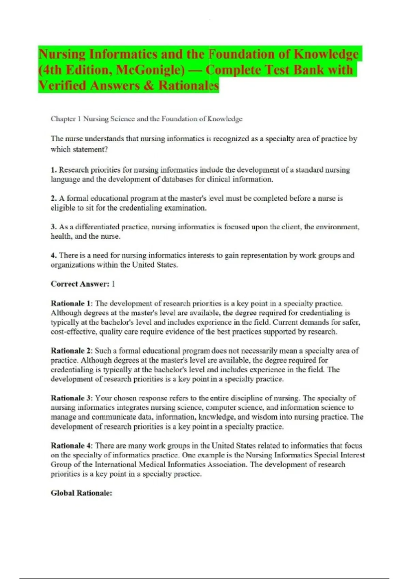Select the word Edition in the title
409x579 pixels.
tap(88, 70)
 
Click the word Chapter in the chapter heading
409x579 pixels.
tap(63, 119)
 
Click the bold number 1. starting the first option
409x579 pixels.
tap(54, 170)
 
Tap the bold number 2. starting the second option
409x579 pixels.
tap(54, 198)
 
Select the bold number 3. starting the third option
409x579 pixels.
tap(54, 227)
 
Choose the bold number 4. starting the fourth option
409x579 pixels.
tap(54, 255)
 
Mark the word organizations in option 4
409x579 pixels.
tap(73, 265)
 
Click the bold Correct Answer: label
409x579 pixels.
tap(80, 284)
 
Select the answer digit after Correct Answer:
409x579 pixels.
tap(113, 284)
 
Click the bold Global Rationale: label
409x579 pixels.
tap(81, 493)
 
